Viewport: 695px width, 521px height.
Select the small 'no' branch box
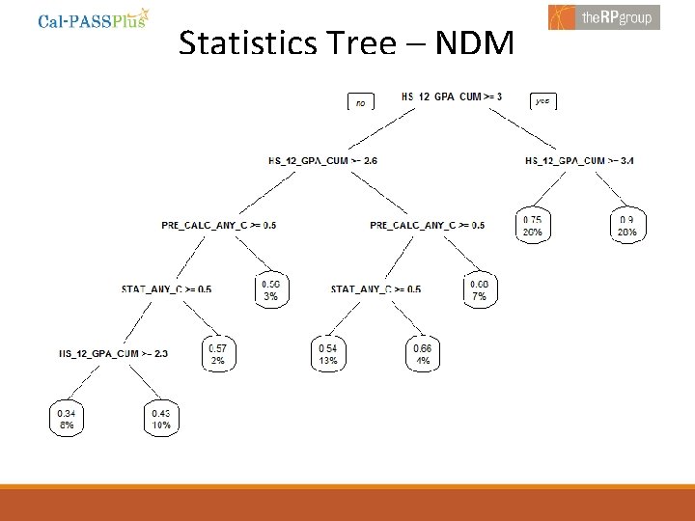click(x=360, y=101)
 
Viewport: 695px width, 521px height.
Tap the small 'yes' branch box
click(x=542, y=100)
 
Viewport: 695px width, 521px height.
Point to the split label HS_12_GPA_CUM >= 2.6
click(x=322, y=161)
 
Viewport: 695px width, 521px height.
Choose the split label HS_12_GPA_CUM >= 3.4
click(x=579, y=161)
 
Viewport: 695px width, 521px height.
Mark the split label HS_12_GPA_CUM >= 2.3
click(x=113, y=353)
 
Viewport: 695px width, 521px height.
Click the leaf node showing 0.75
click(x=533, y=226)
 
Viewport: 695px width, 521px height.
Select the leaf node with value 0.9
click(x=627, y=226)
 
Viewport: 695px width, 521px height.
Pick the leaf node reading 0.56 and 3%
click(x=271, y=290)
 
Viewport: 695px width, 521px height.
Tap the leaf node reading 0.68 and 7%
click(x=480, y=290)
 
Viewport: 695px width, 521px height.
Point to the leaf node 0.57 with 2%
click(x=218, y=354)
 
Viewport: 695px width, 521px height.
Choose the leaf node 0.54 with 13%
click(x=328, y=354)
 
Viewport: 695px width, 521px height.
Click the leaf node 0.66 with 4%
click(x=422, y=354)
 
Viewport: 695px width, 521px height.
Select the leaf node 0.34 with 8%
click(x=66, y=418)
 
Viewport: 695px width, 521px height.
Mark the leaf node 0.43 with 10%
click(x=160, y=418)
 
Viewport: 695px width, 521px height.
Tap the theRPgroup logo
click(x=604, y=17)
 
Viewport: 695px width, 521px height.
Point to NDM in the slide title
click(x=474, y=43)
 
